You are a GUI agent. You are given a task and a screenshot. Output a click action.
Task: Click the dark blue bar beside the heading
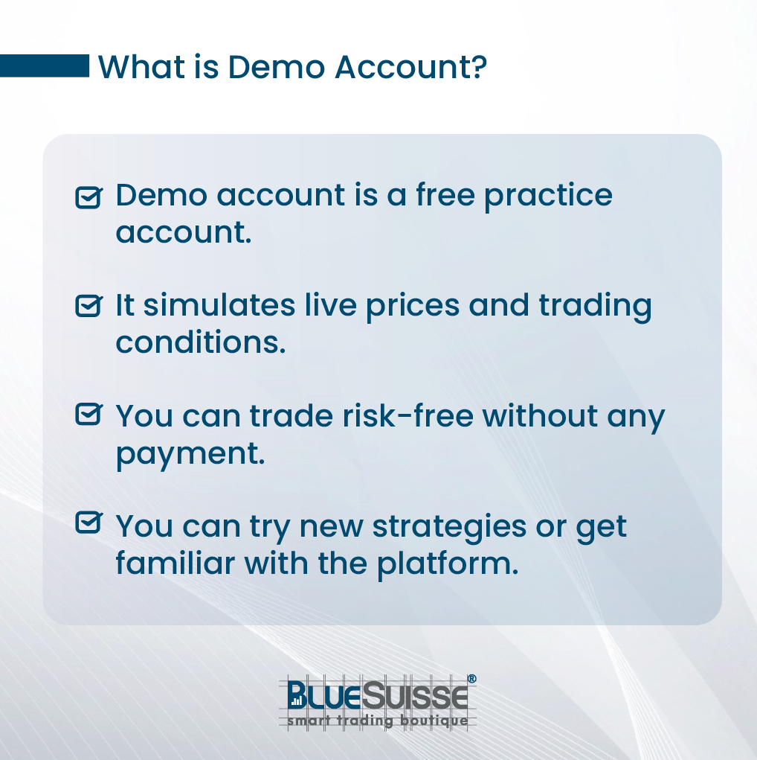45,66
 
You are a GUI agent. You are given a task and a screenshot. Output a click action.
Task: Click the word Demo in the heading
276,67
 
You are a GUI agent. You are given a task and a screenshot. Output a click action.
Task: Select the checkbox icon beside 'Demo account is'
89,197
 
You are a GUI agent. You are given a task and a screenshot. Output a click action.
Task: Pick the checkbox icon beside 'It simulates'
89,306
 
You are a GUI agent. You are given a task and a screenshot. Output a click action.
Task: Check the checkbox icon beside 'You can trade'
89,415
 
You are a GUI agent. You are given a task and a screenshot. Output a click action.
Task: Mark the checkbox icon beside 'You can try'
89,523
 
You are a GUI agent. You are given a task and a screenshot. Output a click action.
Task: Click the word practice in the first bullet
548,197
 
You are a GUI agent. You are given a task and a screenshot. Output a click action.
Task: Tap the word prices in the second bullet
413,307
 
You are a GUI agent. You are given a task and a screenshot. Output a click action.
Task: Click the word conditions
201,342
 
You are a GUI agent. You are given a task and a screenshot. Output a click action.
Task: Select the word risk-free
408,416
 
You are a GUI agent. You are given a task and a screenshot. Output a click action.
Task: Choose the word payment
190,455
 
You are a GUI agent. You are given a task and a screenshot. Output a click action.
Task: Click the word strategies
449,527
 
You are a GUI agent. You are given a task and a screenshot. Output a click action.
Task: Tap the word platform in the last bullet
448,564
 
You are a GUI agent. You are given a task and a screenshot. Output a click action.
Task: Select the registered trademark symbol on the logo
471,679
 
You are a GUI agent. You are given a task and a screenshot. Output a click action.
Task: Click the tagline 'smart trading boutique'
377,721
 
